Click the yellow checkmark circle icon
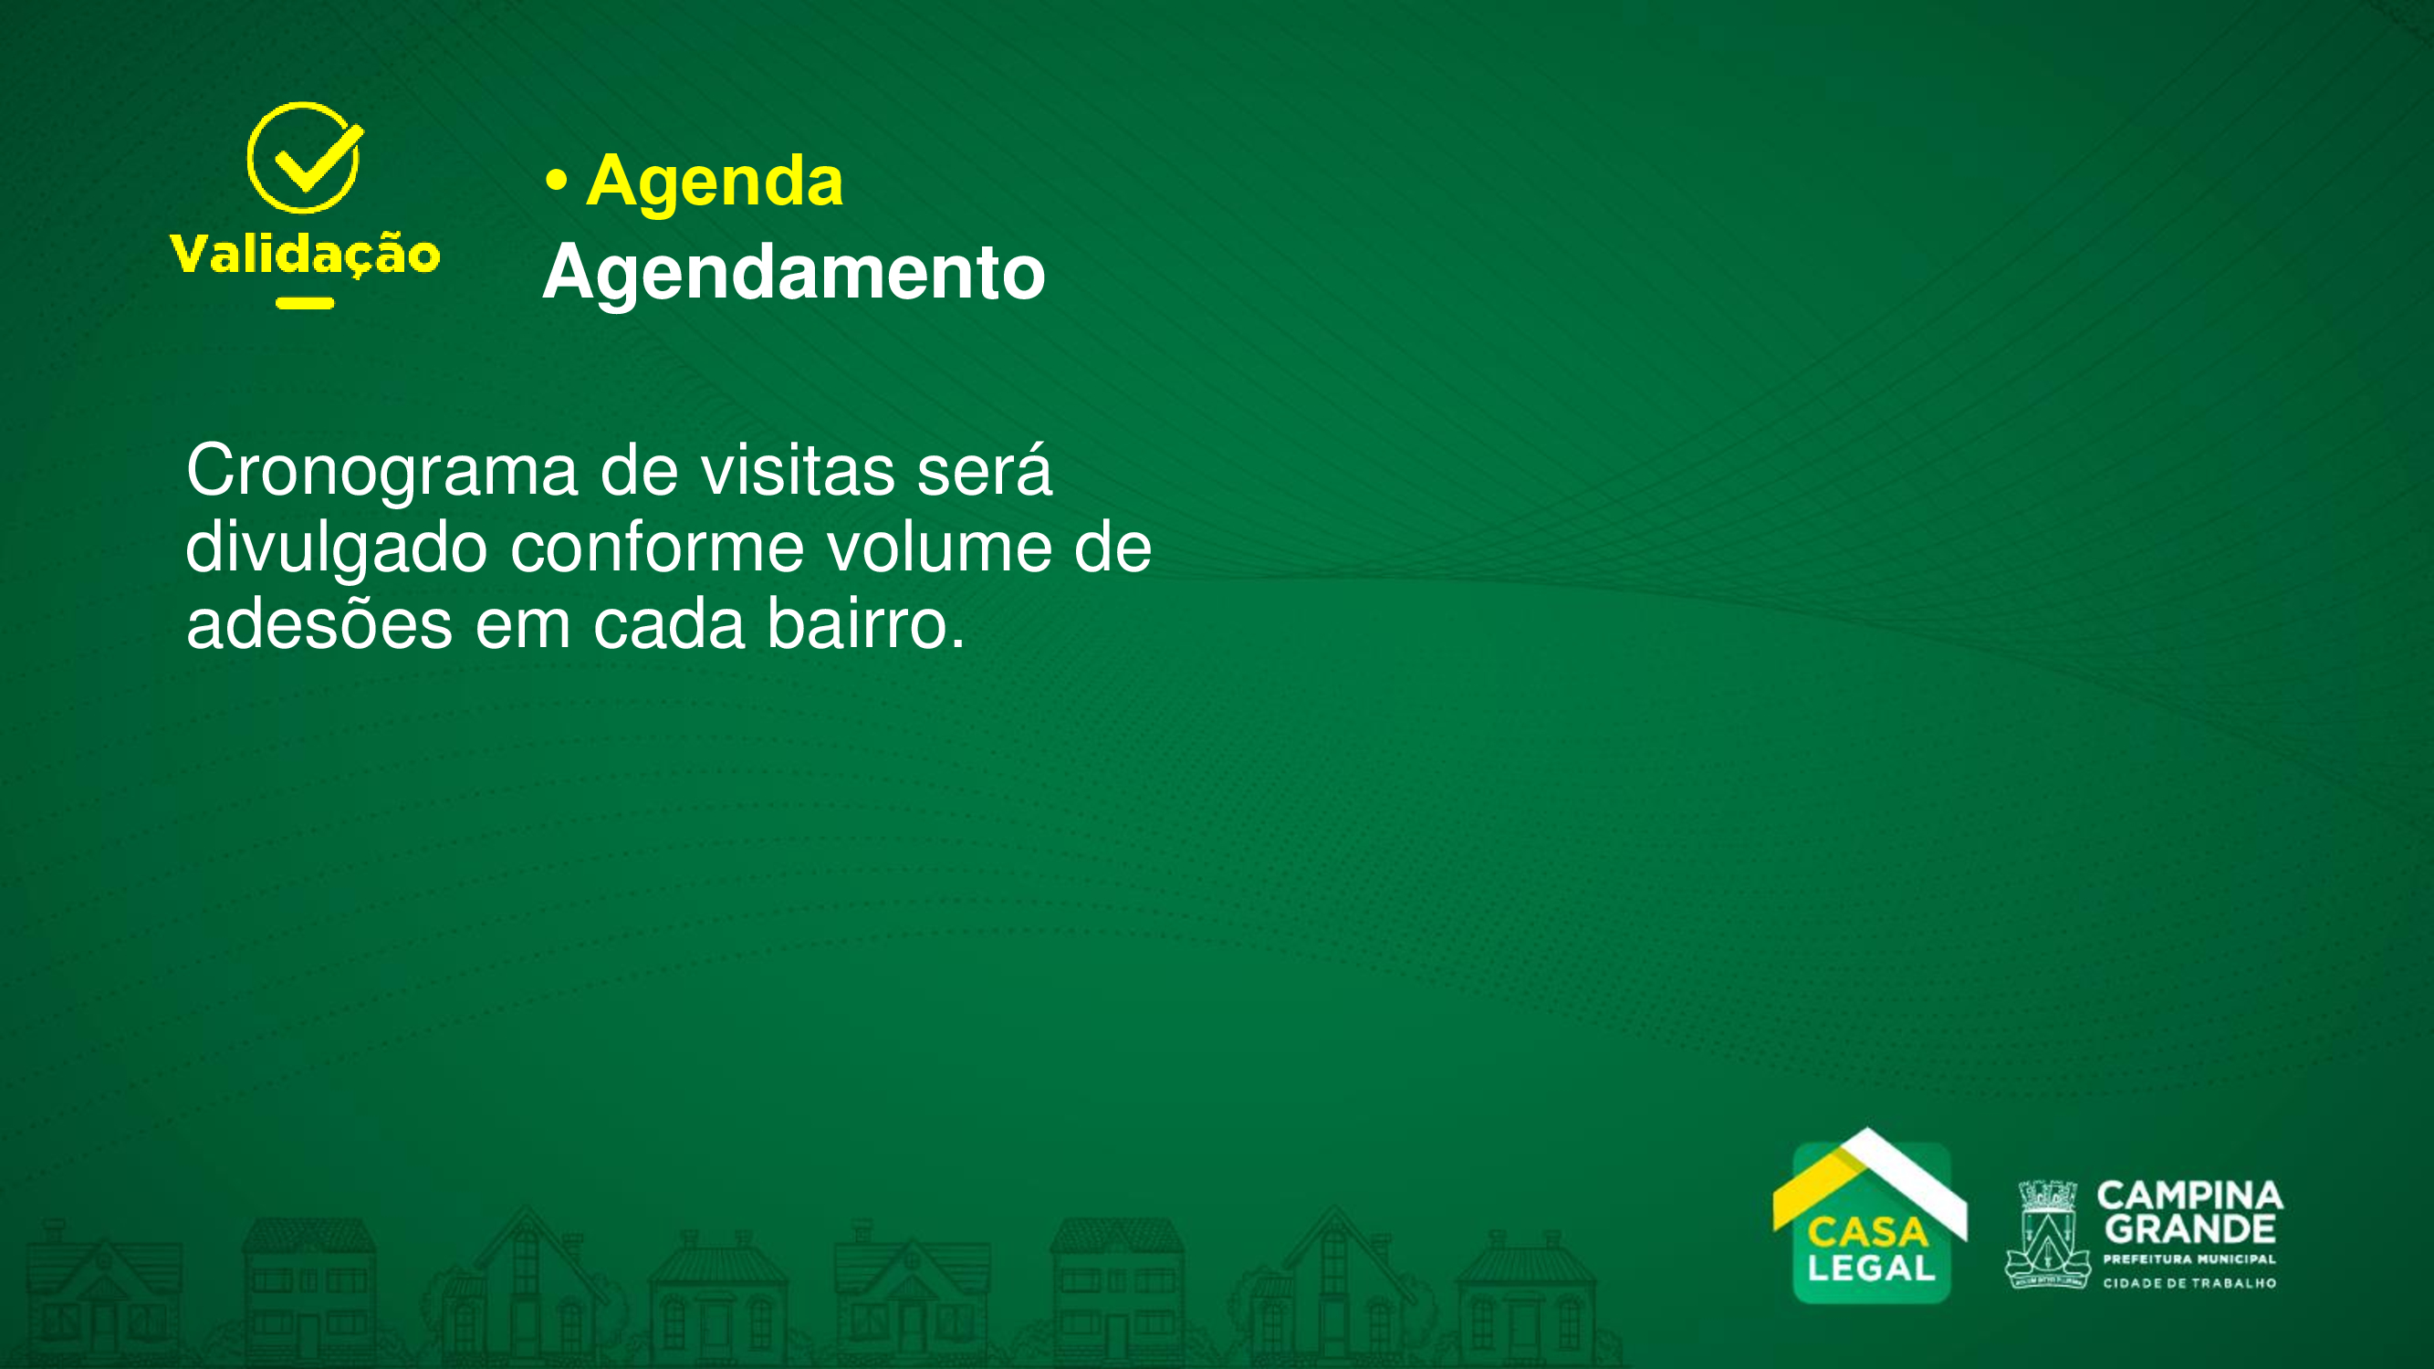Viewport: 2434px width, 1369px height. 304,157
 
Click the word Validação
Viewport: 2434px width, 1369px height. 304,253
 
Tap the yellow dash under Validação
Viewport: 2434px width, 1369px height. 305,303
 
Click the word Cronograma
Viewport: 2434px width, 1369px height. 381,472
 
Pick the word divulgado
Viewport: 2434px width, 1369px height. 337,549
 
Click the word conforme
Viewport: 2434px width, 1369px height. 658,548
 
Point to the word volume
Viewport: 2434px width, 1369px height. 939,547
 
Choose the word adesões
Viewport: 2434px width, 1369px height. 319,623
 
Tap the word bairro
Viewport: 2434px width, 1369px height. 866,623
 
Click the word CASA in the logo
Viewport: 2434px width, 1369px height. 1868,1233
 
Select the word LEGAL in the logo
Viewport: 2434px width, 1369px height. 1871,1269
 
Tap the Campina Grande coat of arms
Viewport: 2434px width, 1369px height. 2047,1234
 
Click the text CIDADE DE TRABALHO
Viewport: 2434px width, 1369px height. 2189,1283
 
